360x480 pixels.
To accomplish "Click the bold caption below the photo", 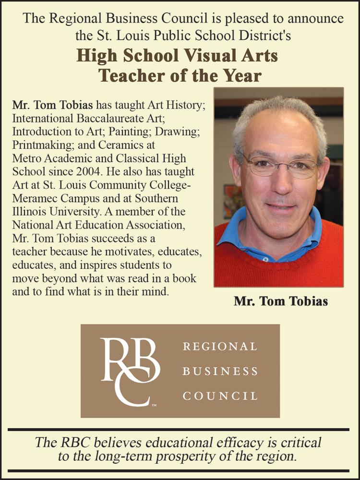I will pyautogui.click(x=281, y=301).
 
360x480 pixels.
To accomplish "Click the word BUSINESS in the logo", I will pyautogui.click(x=220, y=371).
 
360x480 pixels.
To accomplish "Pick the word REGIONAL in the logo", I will pyautogui.click(x=220, y=346).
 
